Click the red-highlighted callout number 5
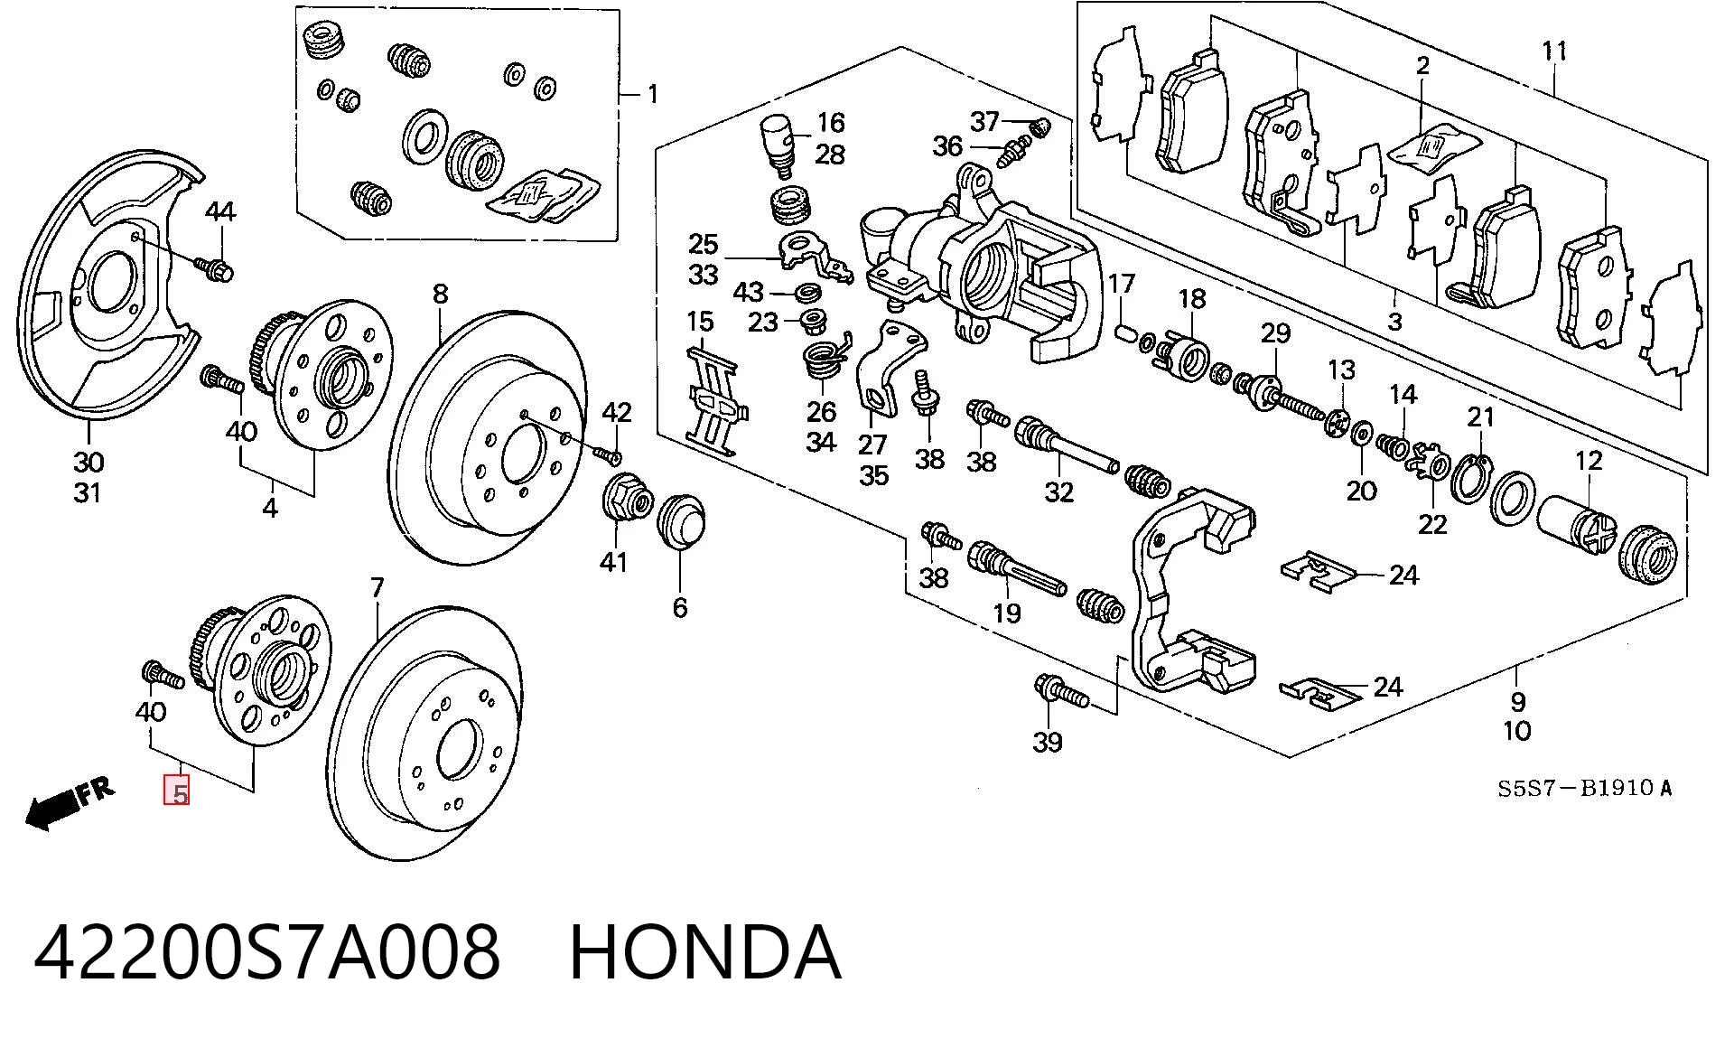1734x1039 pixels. pyautogui.click(x=177, y=791)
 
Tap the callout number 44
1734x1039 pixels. pyautogui.click(x=220, y=211)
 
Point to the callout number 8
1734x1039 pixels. pyautogui.click(x=440, y=294)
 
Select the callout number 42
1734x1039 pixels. pyautogui.click(x=617, y=412)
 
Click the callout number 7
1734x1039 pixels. pyautogui.click(x=378, y=588)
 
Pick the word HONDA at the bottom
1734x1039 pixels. pyautogui.click(x=705, y=952)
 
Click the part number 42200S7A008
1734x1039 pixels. pyautogui.click(x=266, y=952)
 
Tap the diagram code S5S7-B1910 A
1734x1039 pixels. pyautogui.click(x=1585, y=788)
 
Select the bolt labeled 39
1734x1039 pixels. pyautogui.click(x=1062, y=691)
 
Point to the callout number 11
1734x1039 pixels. pyautogui.click(x=1554, y=51)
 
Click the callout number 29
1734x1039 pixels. pyautogui.click(x=1275, y=333)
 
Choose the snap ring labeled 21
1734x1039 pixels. pyautogui.click(x=1471, y=479)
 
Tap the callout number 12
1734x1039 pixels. pyautogui.click(x=1589, y=460)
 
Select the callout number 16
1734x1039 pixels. pyautogui.click(x=831, y=122)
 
